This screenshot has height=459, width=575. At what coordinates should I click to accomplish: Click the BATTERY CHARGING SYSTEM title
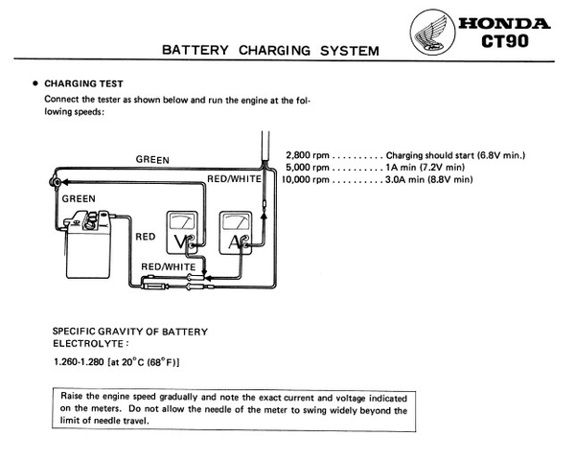point(270,50)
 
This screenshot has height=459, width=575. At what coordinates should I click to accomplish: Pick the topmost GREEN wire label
point(155,159)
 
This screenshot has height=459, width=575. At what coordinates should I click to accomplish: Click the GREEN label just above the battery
point(80,197)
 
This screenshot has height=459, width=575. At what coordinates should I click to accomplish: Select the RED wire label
point(146,235)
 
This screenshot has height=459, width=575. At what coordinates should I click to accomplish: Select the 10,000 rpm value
point(307,179)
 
